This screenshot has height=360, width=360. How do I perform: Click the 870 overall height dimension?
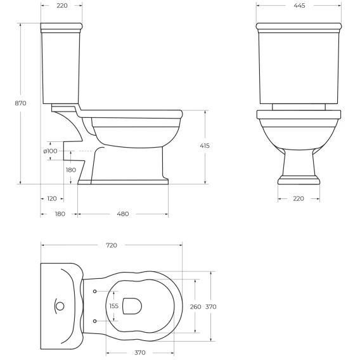[x=21, y=103]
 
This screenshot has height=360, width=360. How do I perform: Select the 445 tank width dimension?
[x=299, y=6]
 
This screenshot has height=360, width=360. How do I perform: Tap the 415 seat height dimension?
[x=205, y=146]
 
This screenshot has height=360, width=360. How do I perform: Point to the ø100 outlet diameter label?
[x=50, y=151]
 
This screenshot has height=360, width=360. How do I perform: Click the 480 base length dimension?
[x=123, y=214]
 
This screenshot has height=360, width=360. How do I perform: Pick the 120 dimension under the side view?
[x=52, y=198]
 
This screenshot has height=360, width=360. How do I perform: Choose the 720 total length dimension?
[x=112, y=245]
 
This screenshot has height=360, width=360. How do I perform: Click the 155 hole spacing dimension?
[x=114, y=306]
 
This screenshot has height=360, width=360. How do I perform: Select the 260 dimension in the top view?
[x=196, y=307]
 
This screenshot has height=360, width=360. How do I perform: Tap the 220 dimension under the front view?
[x=299, y=198]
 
